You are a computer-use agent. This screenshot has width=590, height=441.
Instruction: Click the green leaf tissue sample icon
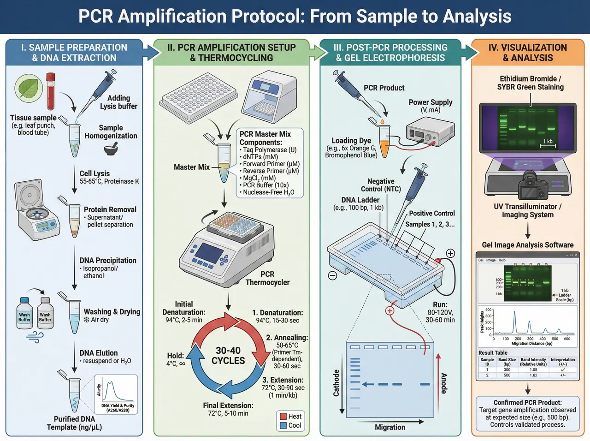29,88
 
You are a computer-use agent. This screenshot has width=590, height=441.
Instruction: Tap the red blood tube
50,91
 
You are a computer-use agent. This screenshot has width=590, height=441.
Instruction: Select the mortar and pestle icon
111,149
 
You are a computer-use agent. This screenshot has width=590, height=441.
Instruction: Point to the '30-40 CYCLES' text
228,356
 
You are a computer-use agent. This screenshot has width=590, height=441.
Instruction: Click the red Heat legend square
283,416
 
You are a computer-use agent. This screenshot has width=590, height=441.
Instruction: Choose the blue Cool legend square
283,425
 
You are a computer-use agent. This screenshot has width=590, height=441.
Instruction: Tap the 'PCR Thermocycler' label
267,278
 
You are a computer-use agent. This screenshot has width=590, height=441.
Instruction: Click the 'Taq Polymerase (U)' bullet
269,150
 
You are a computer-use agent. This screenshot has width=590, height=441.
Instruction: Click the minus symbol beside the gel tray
332,275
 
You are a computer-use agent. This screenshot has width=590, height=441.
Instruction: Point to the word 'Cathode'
336,383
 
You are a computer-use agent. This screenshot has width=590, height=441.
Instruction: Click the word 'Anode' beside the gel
444,383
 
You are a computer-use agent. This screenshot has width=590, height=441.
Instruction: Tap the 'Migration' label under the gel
390,427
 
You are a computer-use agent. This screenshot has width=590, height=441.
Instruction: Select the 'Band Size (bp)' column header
507,362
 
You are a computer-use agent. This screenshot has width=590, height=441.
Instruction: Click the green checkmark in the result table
562,370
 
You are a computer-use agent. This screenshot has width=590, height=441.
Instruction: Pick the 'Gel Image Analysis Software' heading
528,245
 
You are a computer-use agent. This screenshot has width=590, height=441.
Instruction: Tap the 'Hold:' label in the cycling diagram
176,356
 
